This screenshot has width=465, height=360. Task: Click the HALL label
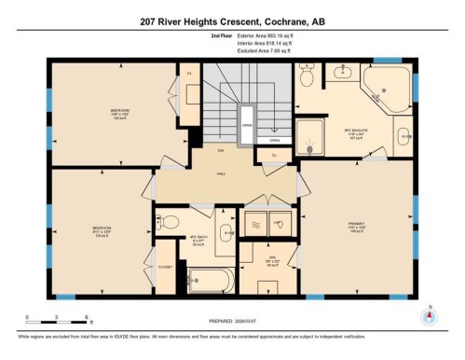tap(222, 173)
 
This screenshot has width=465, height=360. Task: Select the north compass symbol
tap(429, 314)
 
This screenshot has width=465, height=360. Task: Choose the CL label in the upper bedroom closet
tap(189, 73)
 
